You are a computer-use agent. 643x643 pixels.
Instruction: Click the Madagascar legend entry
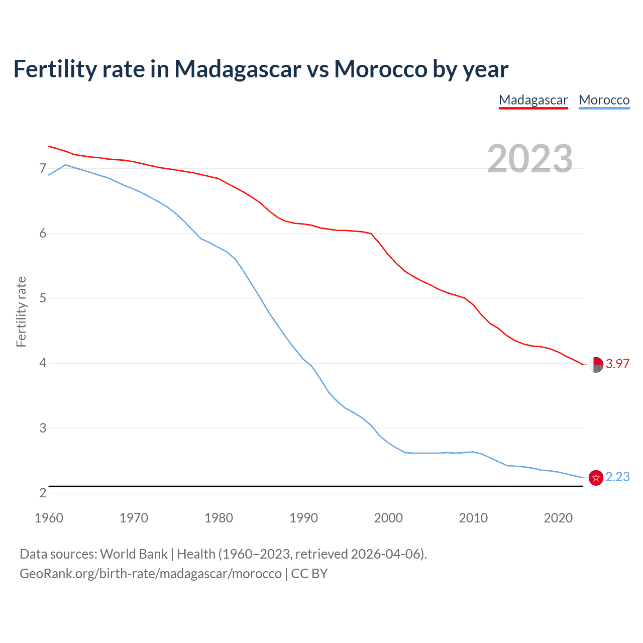(533, 100)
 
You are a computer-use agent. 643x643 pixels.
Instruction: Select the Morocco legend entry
(604, 100)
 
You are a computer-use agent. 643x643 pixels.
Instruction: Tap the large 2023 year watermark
(530, 159)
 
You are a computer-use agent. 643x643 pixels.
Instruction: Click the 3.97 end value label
(617, 364)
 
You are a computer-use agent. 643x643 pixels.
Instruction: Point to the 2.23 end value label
(617, 477)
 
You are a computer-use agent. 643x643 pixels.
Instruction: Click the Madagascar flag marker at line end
(596, 365)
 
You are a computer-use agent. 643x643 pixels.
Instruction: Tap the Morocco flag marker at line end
(596, 478)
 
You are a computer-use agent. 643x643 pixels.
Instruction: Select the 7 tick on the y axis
(43, 168)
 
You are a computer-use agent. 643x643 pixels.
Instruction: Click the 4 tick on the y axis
(43, 363)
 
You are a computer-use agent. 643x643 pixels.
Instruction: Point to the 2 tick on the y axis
(43, 493)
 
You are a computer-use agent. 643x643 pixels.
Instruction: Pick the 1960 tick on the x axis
(49, 518)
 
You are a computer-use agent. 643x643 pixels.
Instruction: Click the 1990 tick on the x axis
(303, 518)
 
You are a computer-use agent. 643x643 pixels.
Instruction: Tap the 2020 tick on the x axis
(558, 518)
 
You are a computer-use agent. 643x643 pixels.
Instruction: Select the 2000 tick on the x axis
(388, 518)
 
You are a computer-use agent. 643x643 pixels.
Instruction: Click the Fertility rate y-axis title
(21, 311)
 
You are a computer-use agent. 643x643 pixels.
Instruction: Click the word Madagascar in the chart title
(238, 69)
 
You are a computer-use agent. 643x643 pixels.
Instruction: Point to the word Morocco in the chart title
(380, 69)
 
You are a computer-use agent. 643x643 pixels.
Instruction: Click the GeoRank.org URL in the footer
(151, 574)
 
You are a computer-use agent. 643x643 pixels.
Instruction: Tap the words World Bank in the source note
(134, 554)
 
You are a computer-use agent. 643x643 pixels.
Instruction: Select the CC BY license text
(309, 574)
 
